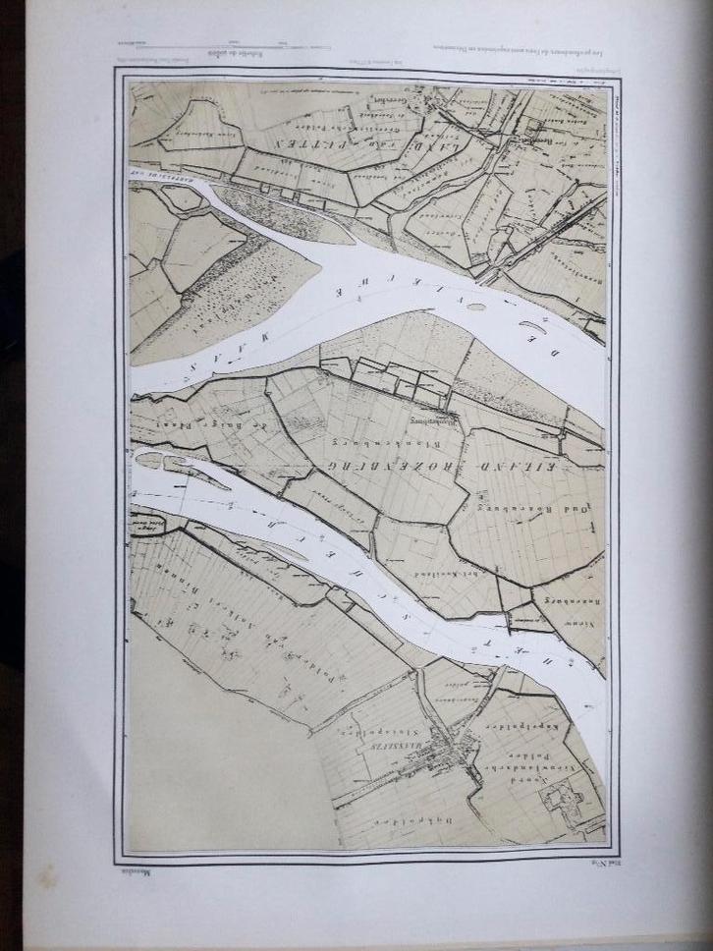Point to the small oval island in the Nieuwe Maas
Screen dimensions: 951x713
point(476,307)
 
